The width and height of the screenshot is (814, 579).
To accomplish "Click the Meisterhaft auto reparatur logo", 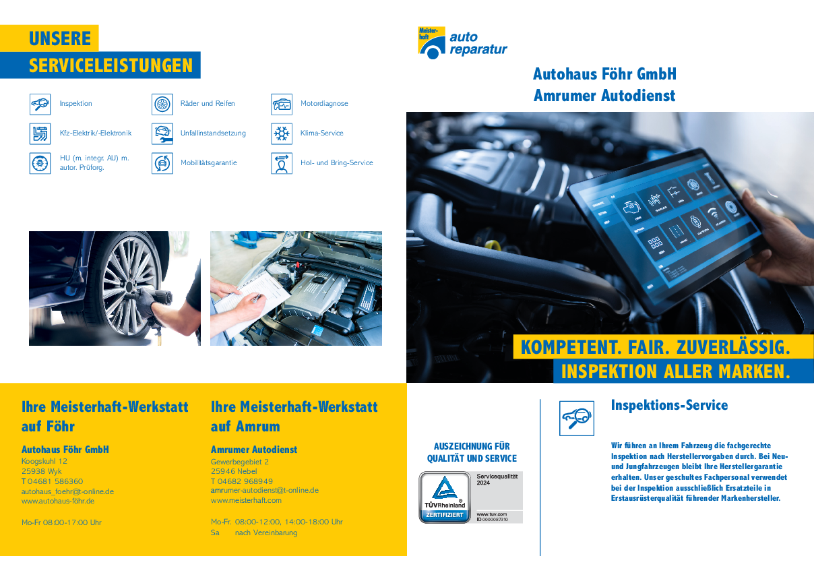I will (x=462, y=43).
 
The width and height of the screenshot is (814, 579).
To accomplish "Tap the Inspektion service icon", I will (x=40, y=104).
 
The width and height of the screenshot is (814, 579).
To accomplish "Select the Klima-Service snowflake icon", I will (x=282, y=133).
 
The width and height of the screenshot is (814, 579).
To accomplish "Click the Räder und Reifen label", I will (x=208, y=104).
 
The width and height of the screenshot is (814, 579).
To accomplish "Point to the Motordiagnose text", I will (x=324, y=104).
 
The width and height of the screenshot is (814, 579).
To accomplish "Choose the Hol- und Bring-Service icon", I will (x=282, y=163).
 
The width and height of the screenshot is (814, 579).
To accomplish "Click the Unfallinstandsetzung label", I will (x=213, y=133).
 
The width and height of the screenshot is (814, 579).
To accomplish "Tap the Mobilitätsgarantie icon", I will (x=162, y=163).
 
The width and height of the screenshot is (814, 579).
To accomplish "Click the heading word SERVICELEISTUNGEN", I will (x=111, y=66).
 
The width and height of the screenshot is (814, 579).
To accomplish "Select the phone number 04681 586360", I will (x=55, y=481).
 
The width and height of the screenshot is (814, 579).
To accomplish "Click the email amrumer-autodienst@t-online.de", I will (x=265, y=491).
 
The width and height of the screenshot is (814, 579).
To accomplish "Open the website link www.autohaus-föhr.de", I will (x=58, y=501).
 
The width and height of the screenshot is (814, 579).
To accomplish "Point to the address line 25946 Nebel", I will (x=234, y=472).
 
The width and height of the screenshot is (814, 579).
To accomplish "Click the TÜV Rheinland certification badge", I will (x=471, y=497).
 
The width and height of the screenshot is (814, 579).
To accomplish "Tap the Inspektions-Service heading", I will (x=669, y=405).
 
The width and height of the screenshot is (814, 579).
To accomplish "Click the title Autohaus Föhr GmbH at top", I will (x=604, y=73).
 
